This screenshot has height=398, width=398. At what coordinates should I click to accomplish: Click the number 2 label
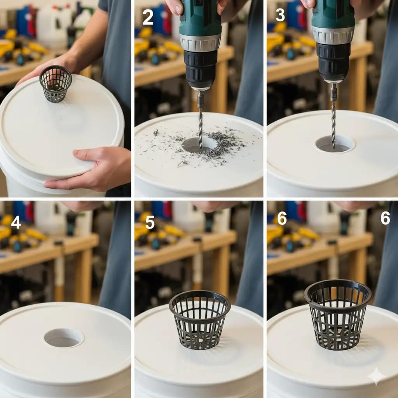[x=148, y=18]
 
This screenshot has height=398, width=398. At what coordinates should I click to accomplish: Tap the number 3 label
[x=280, y=15]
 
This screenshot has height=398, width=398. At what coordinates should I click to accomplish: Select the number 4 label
[x=16, y=222]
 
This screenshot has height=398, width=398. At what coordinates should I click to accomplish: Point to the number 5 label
[x=150, y=222]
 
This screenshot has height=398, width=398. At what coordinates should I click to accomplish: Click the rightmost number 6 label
[x=385, y=218]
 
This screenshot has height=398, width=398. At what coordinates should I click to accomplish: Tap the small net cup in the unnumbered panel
[x=56, y=84]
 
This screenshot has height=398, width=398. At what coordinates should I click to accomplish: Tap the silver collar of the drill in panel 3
[x=333, y=35]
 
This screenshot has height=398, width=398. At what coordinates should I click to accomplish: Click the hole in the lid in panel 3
[x=335, y=144]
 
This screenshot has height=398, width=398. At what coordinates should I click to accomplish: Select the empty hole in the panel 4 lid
[x=64, y=338]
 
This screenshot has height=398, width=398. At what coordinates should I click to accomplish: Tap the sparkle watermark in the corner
[x=376, y=376]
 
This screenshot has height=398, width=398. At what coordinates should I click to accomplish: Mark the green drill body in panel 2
[x=200, y=17]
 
